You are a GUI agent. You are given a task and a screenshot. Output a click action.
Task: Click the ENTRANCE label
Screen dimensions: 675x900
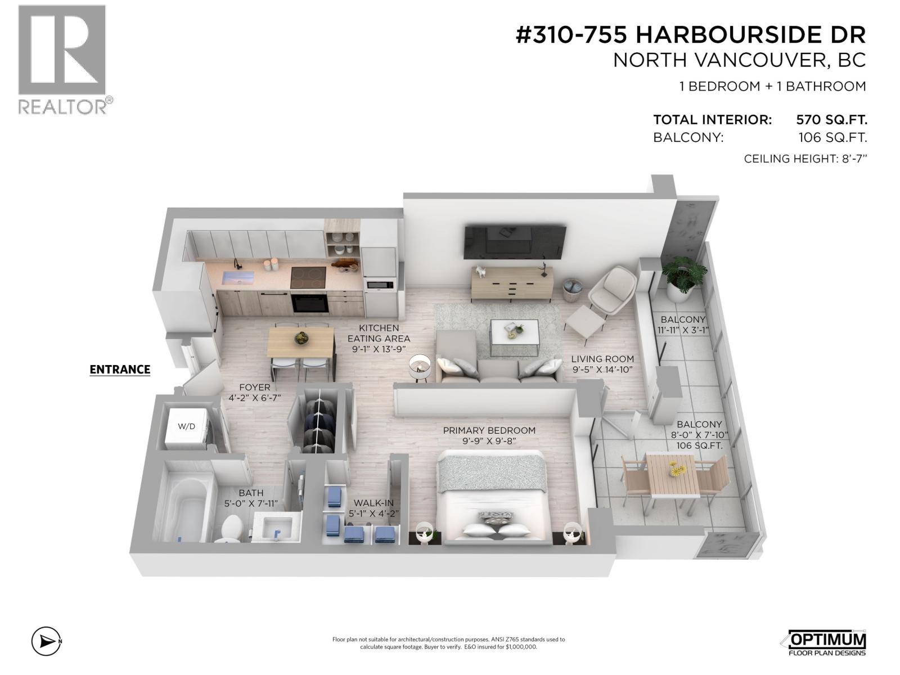[120, 369]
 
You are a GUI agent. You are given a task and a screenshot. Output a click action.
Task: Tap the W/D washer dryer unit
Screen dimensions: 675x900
[186, 426]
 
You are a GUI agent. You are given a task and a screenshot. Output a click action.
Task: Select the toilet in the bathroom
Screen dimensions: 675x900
[230, 529]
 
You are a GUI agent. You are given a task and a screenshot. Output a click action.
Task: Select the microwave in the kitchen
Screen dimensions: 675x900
[380, 284]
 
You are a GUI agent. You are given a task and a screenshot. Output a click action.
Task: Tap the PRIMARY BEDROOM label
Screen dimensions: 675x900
[489, 430]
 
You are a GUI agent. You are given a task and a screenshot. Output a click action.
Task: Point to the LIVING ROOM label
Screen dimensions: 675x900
[602, 359]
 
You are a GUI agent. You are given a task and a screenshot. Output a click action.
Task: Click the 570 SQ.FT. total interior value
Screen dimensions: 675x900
[831, 120]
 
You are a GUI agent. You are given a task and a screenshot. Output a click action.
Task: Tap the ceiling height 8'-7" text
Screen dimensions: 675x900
[805, 159]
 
